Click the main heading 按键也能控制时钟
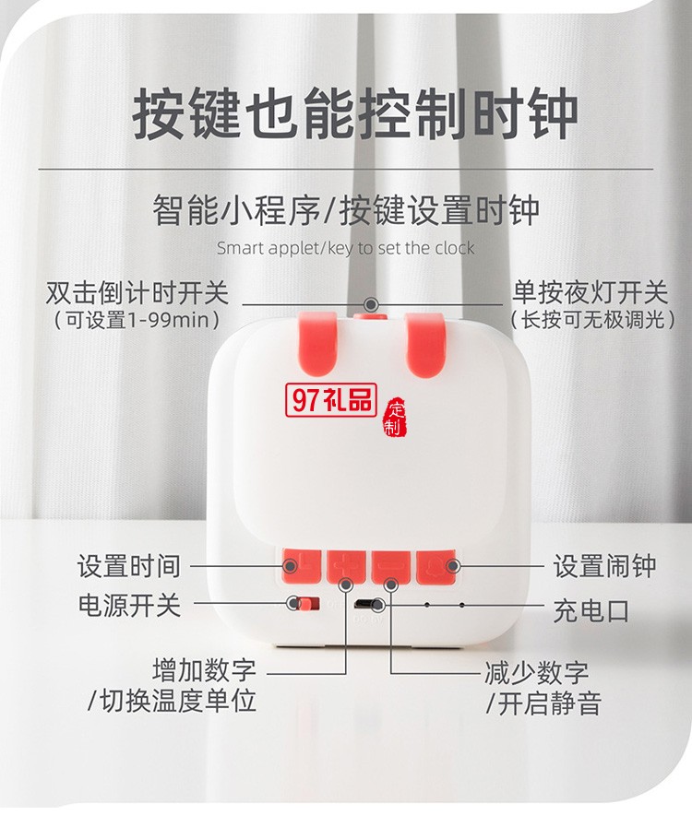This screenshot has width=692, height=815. click(355, 115)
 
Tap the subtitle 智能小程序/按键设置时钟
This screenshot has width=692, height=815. click(346, 211)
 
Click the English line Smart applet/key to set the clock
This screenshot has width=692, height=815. click(346, 248)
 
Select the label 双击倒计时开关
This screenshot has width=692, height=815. click(137, 293)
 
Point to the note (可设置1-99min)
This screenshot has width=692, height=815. click(137, 320)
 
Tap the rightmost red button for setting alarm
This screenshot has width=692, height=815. click(437, 565)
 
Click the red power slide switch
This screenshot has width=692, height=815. click(298, 605)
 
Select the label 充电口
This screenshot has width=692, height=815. click(591, 609)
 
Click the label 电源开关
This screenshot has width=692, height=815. click(130, 606)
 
